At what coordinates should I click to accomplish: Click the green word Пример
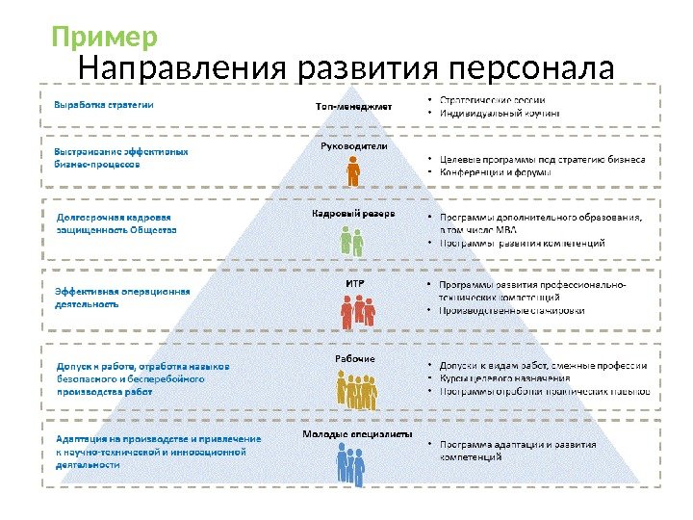(104, 38)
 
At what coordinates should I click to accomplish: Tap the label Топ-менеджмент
(354, 106)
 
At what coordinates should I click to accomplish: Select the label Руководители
(353, 146)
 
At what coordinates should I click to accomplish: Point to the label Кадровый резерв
(353, 213)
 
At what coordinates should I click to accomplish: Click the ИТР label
(353, 283)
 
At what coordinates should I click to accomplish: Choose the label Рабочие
(354, 358)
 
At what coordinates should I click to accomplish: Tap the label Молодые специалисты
(350, 433)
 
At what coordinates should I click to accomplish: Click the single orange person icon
(353, 172)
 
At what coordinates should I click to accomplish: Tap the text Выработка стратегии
(103, 104)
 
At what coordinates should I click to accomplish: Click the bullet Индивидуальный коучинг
(500, 114)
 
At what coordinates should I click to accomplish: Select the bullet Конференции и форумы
(495, 173)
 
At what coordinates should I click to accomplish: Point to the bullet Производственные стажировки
(511, 311)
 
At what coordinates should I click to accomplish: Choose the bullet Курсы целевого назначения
(505, 378)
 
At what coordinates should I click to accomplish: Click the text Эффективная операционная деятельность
(121, 297)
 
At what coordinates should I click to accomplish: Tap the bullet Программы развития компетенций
(522, 244)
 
